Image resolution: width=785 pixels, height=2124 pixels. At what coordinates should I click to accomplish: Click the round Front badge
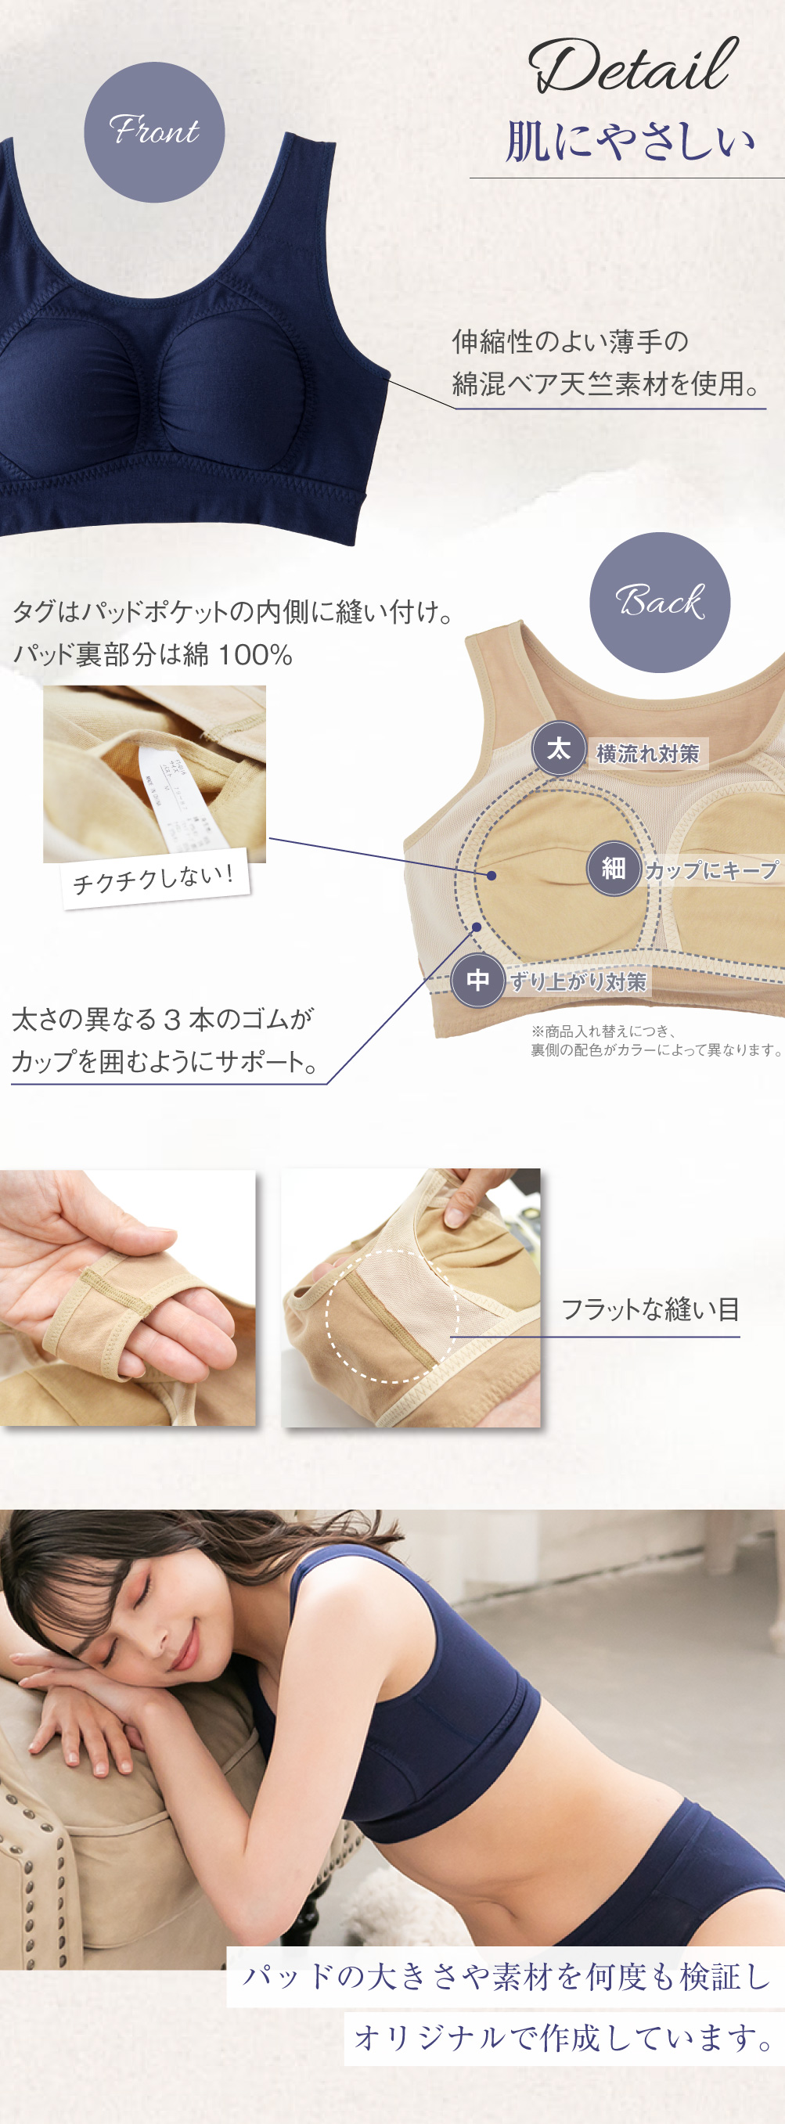click(x=154, y=132)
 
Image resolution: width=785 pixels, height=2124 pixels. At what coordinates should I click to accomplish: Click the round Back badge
click(x=660, y=602)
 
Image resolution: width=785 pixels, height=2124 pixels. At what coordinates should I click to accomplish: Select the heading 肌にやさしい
click(x=630, y=142)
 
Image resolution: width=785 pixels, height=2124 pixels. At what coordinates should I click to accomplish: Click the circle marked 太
click(x=558, y=749)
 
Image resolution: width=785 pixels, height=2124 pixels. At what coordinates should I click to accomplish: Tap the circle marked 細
click(x=613, y=867)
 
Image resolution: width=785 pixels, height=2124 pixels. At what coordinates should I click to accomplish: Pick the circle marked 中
click(x=478, y=980)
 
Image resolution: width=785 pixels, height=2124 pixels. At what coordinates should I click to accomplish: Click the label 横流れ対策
click(x=647, y=754)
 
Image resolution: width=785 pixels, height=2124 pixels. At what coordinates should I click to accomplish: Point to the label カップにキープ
click(x=711, y=870)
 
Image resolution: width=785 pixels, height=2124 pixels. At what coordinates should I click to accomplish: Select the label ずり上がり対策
click(x=578, y=982)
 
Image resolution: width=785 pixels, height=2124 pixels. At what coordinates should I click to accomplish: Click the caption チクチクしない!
click(x=154, y=880)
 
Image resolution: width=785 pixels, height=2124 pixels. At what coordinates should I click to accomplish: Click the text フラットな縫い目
click(x=650, y=1309)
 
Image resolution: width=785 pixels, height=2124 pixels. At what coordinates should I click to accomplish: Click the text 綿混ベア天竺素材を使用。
click(x=607, y=384)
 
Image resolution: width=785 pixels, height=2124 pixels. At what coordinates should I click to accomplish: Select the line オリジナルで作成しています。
click(x=564, y=2037)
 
